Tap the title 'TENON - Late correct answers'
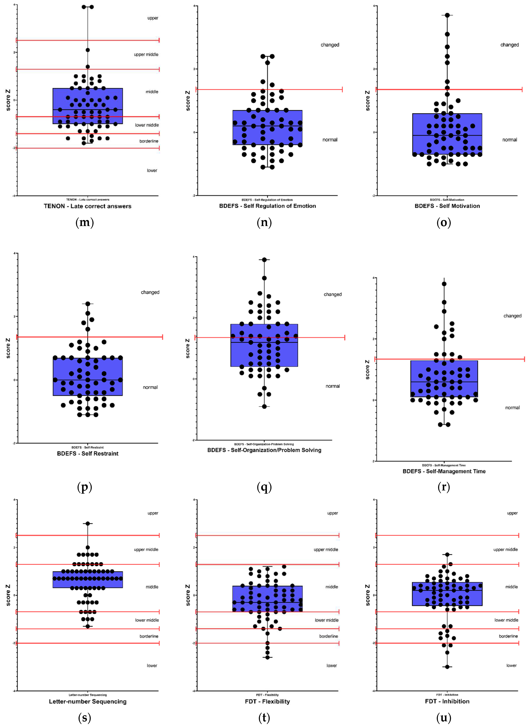(88, 206)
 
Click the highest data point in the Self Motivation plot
(447, 15)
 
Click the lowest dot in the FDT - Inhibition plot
(447, 667)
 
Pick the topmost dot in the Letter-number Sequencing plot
(88, 523)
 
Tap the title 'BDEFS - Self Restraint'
(88, 453)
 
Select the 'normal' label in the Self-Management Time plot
(512, 408)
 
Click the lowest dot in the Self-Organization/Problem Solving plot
(264, 406)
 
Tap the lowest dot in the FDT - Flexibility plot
(268, 657)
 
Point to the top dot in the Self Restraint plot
(88, 304)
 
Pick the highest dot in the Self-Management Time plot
(444, 284)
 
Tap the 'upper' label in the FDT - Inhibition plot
(512, 513)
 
